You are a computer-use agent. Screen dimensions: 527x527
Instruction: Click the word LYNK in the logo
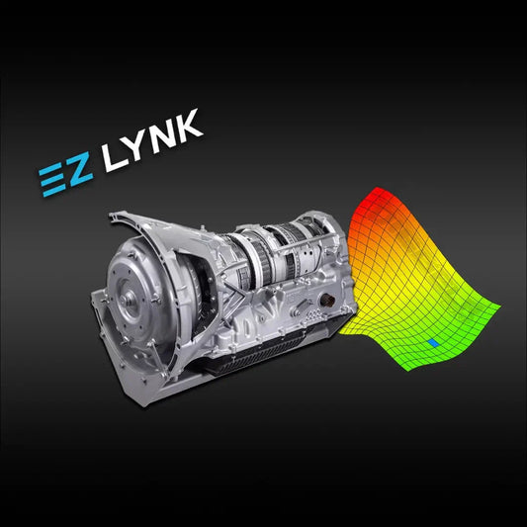(x=153, y=139)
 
